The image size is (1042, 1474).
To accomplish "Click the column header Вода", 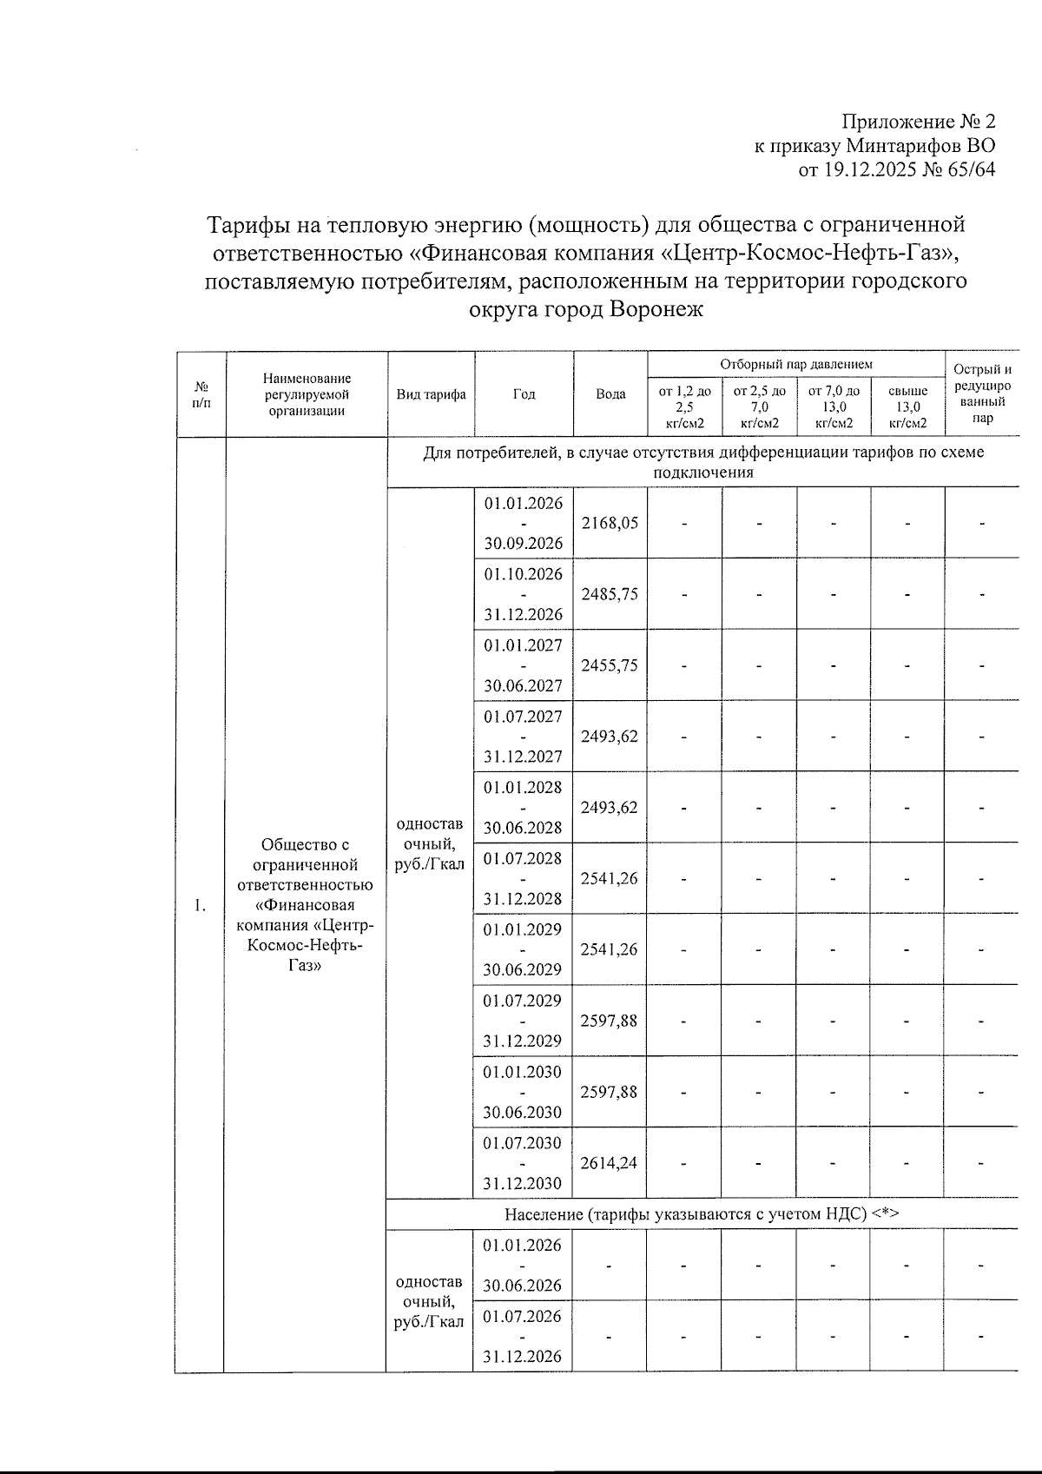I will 610,394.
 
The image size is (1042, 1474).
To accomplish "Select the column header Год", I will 524,394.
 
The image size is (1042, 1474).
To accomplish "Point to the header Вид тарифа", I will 431,394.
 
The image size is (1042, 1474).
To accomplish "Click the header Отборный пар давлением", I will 795,365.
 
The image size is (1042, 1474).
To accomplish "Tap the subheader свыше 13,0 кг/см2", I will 908,407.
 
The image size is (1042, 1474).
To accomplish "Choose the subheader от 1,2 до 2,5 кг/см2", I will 685,407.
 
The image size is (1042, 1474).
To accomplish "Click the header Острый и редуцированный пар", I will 982,393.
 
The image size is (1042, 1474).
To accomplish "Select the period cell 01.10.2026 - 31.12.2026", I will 523,594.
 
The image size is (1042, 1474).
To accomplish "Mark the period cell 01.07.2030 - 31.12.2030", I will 523,1163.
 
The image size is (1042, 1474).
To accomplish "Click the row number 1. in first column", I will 201,906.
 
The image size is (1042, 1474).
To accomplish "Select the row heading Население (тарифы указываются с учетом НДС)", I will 701,1214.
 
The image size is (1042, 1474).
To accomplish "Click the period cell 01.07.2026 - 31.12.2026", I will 523,1336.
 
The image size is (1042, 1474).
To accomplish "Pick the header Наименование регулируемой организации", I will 307,394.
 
